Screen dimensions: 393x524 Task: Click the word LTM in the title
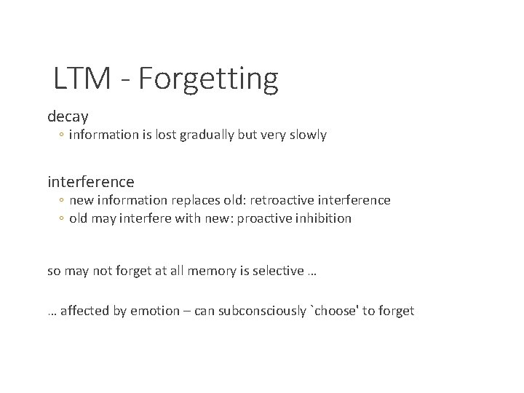click(80, 79)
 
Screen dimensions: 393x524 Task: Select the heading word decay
click(68, 116)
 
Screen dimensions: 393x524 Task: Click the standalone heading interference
click(91, 180)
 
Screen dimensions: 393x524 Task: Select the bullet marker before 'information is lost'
click(63, 136)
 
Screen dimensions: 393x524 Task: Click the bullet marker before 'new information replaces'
click(63, 200)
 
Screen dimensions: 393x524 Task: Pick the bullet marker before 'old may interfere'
click(63, 219)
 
